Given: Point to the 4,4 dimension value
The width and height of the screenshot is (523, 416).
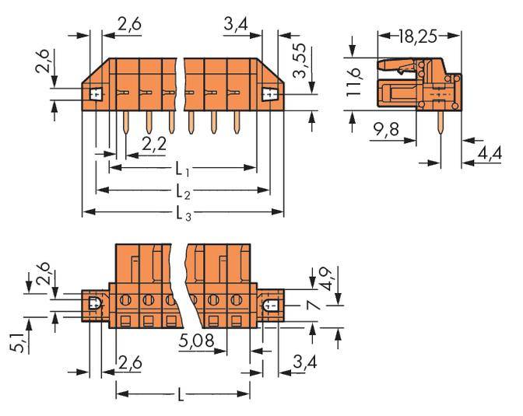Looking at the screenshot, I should click(490, 154).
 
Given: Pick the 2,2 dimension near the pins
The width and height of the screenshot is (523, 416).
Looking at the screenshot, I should click(155, 143).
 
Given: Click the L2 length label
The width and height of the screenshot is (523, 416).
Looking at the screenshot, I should click(184, 191).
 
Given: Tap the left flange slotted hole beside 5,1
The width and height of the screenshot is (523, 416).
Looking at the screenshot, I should click(93, 303).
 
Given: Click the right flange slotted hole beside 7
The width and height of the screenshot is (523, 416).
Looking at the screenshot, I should click(271, 306).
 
